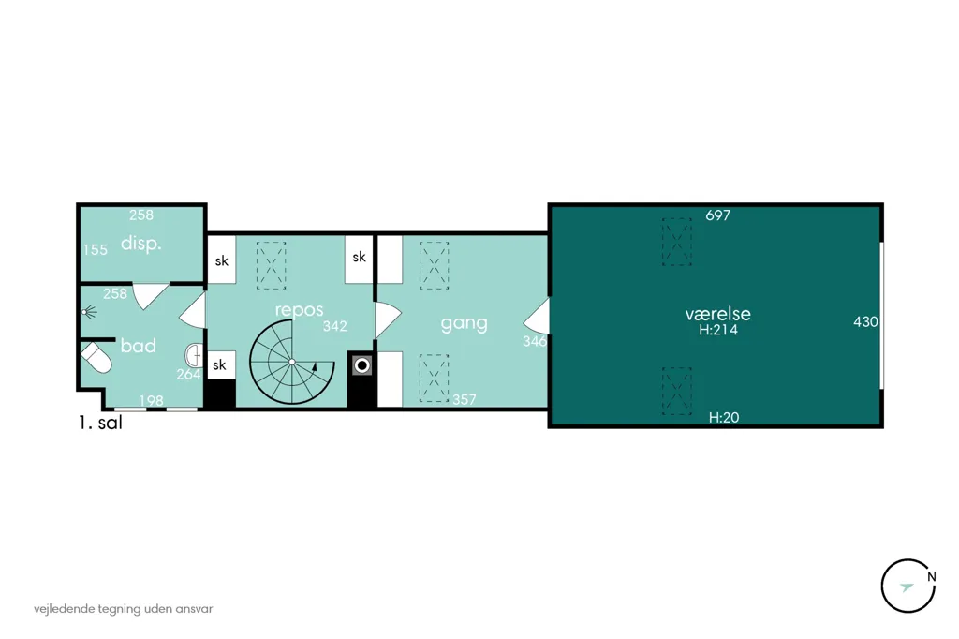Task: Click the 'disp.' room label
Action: [140, 244]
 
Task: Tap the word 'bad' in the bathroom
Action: [139, 346]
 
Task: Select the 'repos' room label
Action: [299, 310]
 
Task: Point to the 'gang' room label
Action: [465, 323]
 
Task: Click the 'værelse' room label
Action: [717, 314]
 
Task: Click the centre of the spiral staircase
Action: [292, 363]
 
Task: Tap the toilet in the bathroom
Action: [96, 358]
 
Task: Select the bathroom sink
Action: [194, 355]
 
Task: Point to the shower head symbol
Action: [89, 313]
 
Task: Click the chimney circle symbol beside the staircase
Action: [362, 366]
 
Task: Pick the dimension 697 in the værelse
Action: [717, 215]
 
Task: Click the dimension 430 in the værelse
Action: [865, 322]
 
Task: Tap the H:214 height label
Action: [718, 330]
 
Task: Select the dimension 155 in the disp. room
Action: [96, 250]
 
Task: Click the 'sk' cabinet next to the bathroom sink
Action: [219, 364]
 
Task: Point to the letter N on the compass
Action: [931, 576]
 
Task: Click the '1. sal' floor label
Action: [100, 423]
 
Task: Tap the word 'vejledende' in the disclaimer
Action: [65, 609]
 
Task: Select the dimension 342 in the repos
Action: [334, 327]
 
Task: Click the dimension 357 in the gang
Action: [465, 400]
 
